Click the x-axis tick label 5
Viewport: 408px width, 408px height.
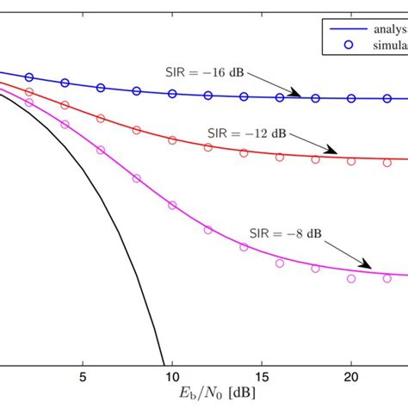click(82, 376)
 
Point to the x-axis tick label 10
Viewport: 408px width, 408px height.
click(172, 376)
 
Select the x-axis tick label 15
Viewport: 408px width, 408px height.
click(262, 376)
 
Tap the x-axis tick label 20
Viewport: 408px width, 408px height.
click(351, 376)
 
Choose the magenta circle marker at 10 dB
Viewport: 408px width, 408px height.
click(172, 206)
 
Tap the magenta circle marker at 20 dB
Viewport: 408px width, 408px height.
click(351, 279)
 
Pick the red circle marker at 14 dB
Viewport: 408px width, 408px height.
click(244, 153)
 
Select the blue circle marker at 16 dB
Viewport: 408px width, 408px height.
click(280, 98)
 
